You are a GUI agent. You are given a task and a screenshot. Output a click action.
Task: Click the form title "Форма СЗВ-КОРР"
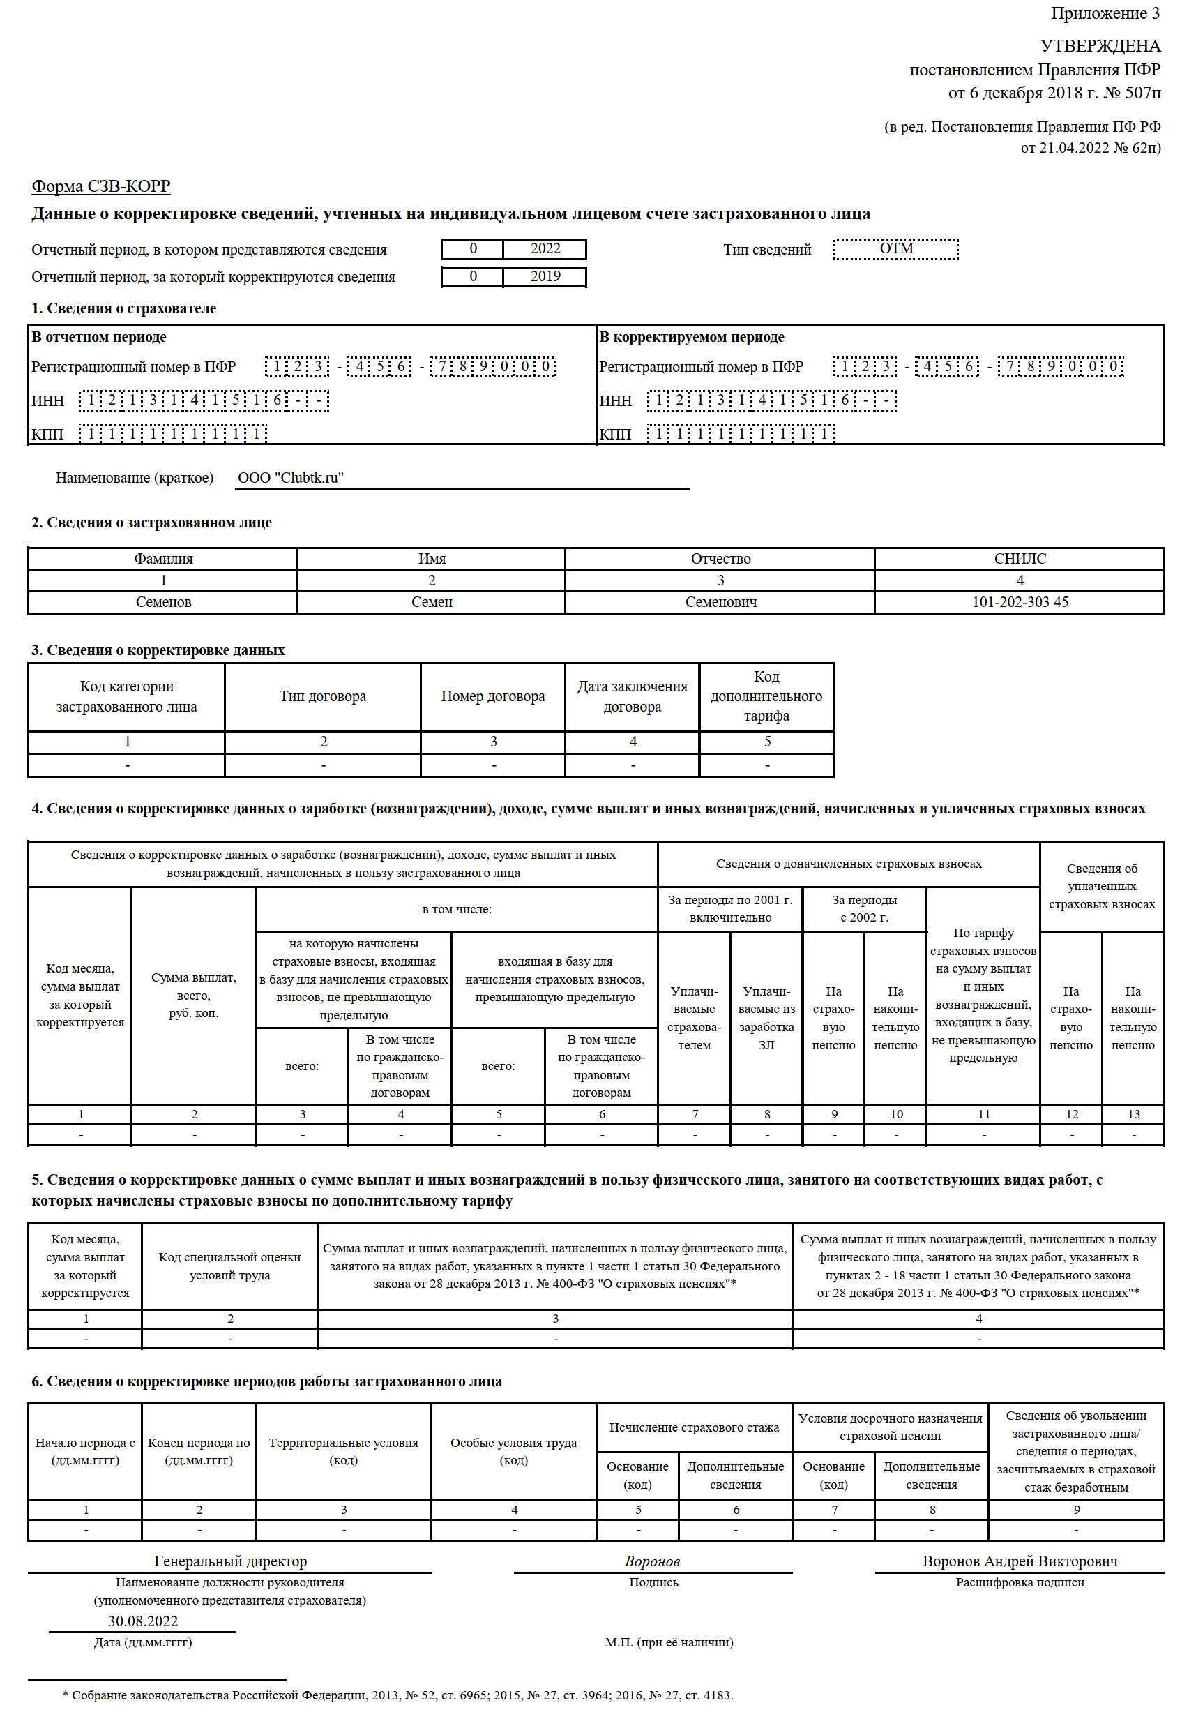tap(100, 186)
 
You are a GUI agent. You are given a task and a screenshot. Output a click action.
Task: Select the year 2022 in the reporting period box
tap(545, 249)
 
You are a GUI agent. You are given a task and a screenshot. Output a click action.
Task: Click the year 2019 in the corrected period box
tap(545, 276)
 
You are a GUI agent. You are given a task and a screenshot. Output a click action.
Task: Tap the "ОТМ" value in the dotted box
tap(896, 249)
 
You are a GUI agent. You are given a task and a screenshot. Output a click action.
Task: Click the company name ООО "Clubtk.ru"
tap(291, 479)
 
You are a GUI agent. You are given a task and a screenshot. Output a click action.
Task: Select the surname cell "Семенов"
tap(163, 602)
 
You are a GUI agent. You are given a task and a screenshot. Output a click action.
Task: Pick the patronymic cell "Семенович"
tap(720, 602)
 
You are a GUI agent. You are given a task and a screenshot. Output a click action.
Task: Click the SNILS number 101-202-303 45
tap(1020, 602)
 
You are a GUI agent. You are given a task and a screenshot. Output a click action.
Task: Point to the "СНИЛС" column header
tap(1020, 559)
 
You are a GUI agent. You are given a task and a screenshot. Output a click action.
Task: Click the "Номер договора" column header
tap(492, 697)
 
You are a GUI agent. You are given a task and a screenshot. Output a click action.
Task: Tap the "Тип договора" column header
tap(323, 697)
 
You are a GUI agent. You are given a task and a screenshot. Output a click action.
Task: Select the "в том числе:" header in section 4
tap(457, 909)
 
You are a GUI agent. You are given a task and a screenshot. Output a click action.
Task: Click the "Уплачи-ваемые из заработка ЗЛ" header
tap(766, 1018)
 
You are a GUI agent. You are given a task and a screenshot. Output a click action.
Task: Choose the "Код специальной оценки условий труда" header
tap(229, 1266)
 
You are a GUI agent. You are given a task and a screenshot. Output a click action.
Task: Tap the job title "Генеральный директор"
tap(230, 1561)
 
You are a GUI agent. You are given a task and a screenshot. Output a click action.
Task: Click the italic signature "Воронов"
tap(653, 1562)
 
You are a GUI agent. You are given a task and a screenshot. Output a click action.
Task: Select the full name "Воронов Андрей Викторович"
tap(1020, 1561)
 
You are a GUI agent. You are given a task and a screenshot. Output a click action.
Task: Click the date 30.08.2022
tap(143, 1621)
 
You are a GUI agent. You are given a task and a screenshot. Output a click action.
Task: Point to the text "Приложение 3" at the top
tap(1105, 13)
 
